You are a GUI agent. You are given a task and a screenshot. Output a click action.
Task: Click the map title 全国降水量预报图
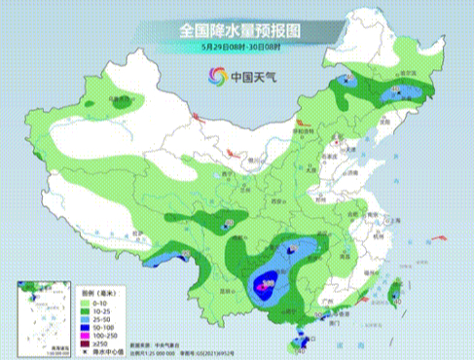237,30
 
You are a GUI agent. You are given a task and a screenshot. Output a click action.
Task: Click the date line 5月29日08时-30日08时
237,47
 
